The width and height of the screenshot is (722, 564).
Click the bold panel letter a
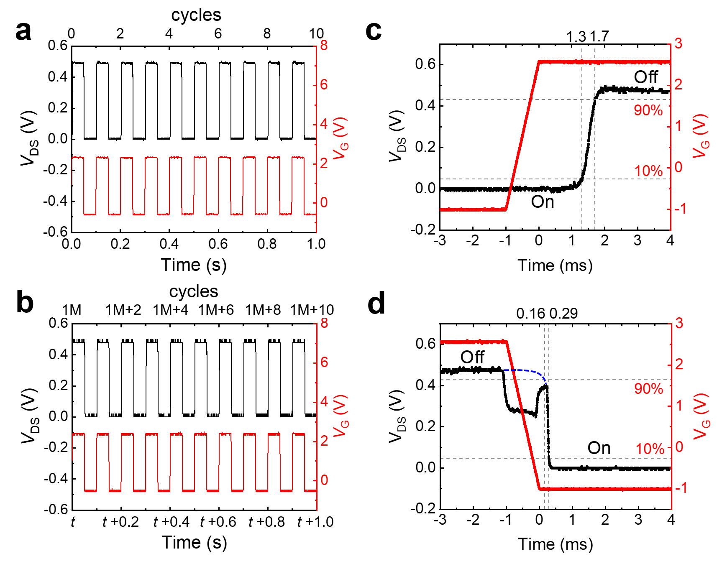pos(23,31)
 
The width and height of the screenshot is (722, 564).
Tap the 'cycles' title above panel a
pos(196,15)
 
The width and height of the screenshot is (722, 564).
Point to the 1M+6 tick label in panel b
pos(216,310)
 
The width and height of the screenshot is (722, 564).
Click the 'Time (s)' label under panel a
pos(194,265)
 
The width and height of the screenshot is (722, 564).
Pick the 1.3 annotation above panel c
pos(576,37)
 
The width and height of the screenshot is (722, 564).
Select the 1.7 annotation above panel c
pos(599,37)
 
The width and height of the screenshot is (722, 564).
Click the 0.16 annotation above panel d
pos(530,313)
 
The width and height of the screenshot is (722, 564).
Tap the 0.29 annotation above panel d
pos(563,313)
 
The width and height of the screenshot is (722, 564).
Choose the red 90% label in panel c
pos(648,110)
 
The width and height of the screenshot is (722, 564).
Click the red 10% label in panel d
pos(650,449)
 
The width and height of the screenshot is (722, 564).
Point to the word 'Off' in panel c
pos(645,77)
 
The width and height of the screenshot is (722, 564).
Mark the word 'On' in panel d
pos(599,448)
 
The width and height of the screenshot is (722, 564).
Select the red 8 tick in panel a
pos(324,45)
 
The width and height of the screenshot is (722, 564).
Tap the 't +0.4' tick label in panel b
pos(171,522)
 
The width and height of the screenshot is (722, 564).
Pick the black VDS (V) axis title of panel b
pos(30,416)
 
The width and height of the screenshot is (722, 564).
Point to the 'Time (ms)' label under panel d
pos(555,544)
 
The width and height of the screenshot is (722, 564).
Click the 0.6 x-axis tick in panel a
pos(218,244)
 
